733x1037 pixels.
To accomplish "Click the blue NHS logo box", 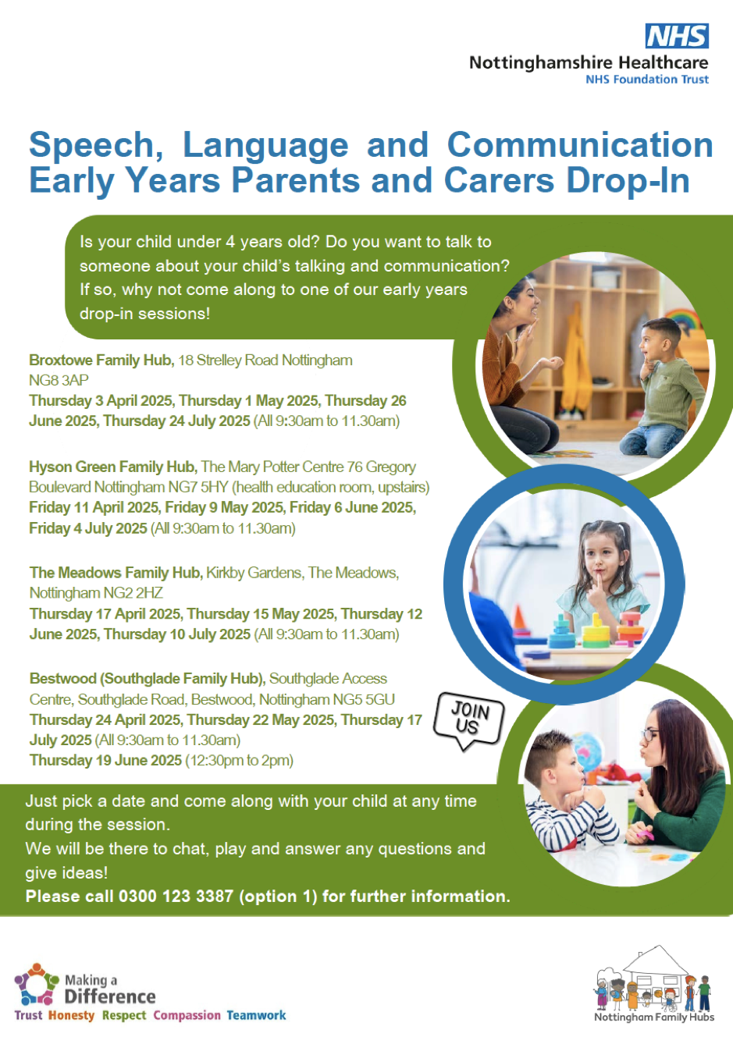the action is (x=677, y=36).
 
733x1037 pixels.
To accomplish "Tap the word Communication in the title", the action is (x=580, y=145).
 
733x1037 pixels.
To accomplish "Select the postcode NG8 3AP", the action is (x=59, y=380).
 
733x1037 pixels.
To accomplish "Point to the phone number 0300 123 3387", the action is (x=176, y=896).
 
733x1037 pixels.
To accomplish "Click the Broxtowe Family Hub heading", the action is (x=101, y=360).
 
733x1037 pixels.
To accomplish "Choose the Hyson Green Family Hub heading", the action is (x=113, y=467).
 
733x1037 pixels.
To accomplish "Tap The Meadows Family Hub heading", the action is (x=116, y=573).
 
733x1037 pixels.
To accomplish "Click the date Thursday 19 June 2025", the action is (x=105, y=760).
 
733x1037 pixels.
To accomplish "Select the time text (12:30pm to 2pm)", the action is (x=240, y=761).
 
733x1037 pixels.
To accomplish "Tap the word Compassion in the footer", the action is (x=187, y=1015).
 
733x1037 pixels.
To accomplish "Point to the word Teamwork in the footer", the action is (x=256, y=1015).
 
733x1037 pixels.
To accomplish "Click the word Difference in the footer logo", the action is (x=110, y=996).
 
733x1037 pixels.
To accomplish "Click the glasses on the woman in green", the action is (x=649, y=734).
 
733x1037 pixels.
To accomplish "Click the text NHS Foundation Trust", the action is (x=647, y=79).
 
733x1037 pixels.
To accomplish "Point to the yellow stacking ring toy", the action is (x=596, y=630).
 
